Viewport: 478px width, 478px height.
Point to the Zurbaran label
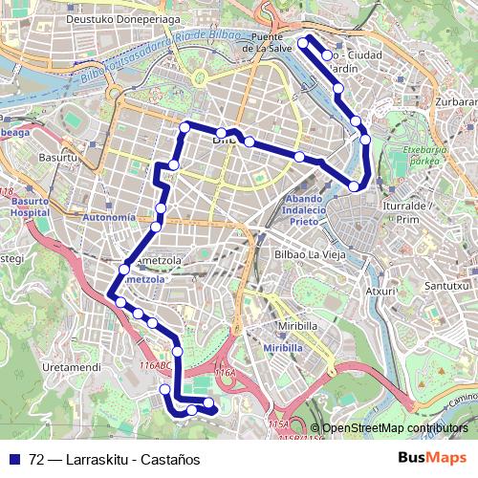pyautogui.click(x=456, y=98)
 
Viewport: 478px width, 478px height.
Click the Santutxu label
pyautogui.click(x=449, y=285)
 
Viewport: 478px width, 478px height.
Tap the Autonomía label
pyautogui.click(x=111, y=218)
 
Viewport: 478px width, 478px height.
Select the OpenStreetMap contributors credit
pyautogui.click(x=395, y=428)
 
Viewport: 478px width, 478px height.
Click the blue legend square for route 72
pyautogui.click(x=14, y=458)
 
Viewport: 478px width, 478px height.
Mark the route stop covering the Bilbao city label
pyautogui.click(x=222, y=134)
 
